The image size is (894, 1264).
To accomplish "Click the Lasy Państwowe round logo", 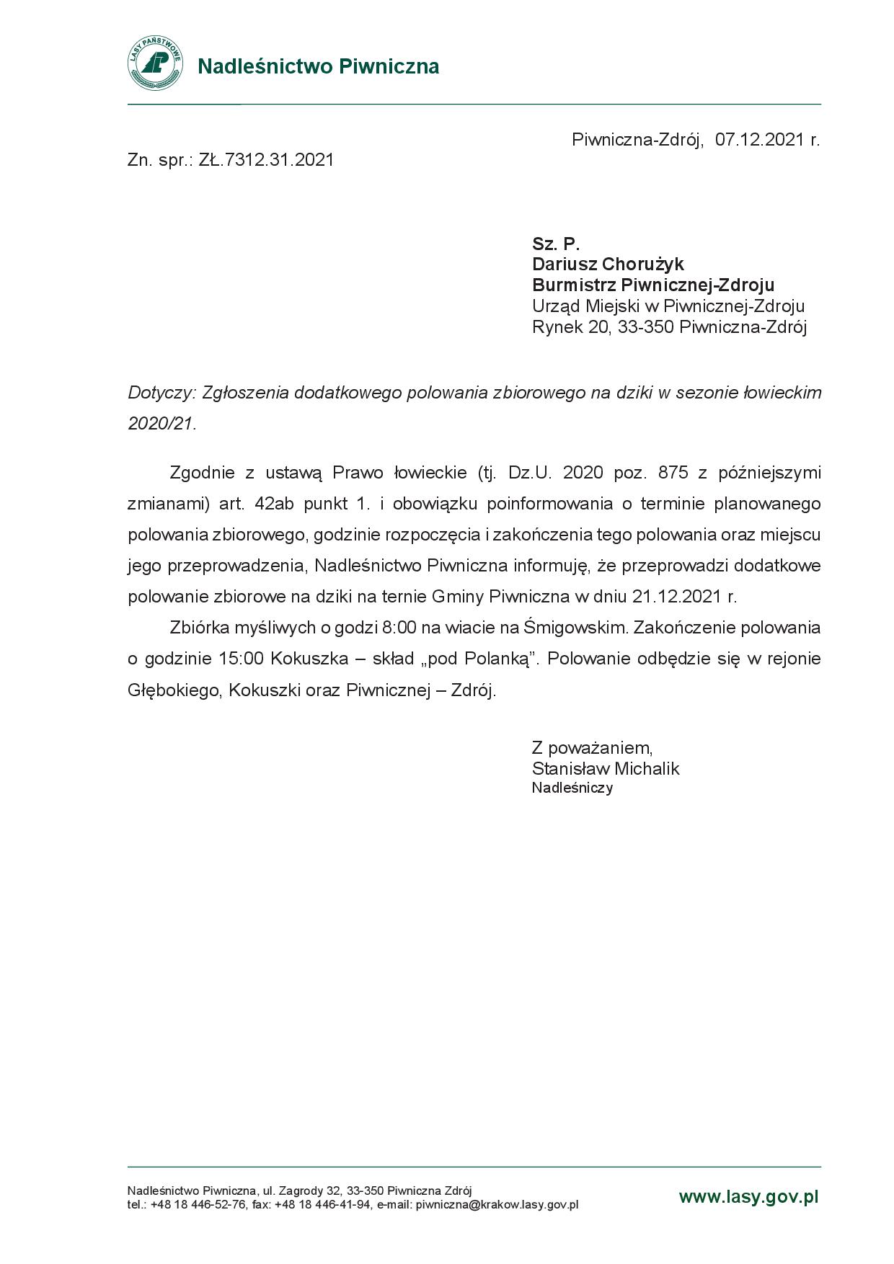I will (x=155, y=64).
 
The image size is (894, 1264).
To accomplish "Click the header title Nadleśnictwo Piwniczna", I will (x=318, y=67).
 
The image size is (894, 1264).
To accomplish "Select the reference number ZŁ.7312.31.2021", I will (x=267, y=160).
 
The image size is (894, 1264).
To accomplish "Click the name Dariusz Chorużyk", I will (x=608, y=264).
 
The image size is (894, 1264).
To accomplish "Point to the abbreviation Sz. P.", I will (x=556, y=244).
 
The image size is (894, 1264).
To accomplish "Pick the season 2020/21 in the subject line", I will (x=161, y=424).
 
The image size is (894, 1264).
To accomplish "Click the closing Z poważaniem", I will (x=592, y=747).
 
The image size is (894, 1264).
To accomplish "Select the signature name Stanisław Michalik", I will (x=606, y=769).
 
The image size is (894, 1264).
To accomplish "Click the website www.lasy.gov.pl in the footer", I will (x=748, y=1197).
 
